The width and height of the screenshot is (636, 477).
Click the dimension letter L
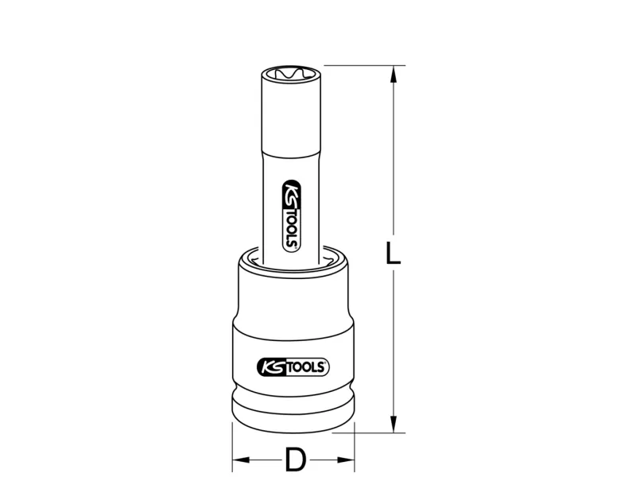392,254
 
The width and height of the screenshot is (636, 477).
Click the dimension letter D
295,460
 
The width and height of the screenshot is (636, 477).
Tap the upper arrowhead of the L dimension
393,74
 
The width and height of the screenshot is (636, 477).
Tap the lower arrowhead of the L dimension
393,424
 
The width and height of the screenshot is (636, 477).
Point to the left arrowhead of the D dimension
241,460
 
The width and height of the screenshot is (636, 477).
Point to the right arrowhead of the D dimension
346,460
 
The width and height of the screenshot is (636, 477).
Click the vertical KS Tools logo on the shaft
291,215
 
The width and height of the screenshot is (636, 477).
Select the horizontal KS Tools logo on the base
293,367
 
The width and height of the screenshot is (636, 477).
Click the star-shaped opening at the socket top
291,74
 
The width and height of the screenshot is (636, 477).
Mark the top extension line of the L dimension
365,65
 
